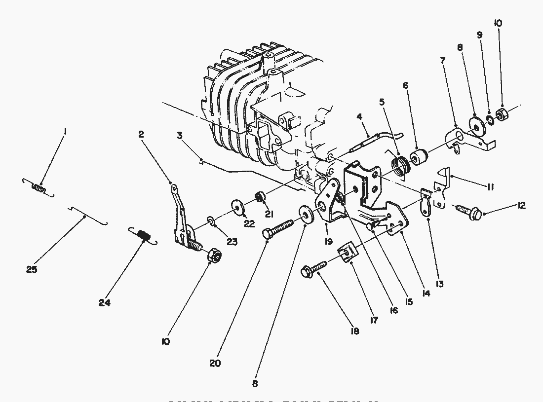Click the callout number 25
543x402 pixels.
click(x=32, y=270)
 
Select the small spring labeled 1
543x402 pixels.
click(x=38, y=187)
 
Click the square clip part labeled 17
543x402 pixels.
click(x=348, y=253)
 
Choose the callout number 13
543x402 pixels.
click(x=439, y=284)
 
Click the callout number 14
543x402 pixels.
click(x=426, y=292)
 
